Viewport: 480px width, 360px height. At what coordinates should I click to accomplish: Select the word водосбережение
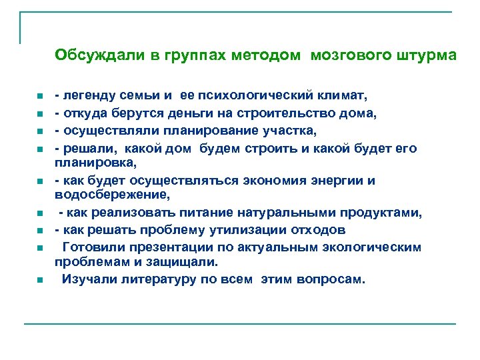click(112, 195)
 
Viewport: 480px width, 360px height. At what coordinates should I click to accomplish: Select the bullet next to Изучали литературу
click(40, 280)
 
